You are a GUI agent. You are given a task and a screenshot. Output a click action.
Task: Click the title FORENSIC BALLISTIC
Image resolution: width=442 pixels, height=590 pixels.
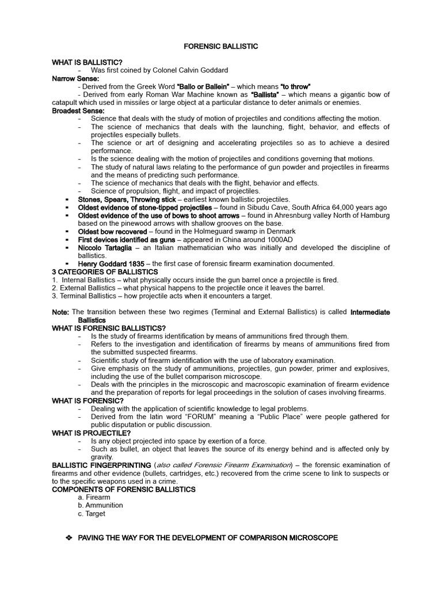pos(220,46)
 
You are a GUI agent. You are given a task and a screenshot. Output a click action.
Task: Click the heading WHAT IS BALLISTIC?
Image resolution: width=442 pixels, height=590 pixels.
pos(87,62)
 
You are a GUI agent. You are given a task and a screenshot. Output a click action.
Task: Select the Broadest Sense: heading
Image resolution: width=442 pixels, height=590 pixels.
pos(78,111)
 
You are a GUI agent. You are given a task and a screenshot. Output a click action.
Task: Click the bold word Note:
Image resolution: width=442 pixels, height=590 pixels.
pos(60,312)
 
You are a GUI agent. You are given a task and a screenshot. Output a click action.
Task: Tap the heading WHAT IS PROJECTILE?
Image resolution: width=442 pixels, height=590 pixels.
pos(91,433)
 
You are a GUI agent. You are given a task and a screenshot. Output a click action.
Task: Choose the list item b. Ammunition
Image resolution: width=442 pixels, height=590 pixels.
pos(100,505)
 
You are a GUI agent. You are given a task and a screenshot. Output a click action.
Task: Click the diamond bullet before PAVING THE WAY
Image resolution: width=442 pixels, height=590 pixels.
pos(70,538)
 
